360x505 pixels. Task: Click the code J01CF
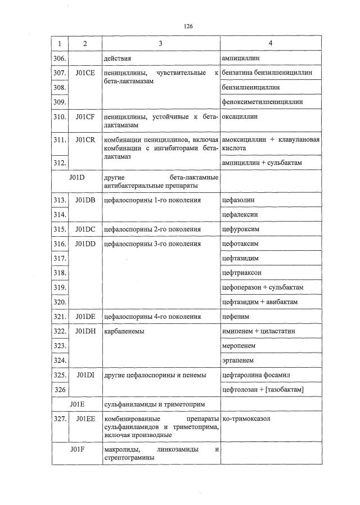(x=85, y=117)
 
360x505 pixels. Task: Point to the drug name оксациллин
(x=240, y=117)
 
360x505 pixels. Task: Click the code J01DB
(x=85, y=200)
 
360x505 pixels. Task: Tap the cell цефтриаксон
(x=242, y=273)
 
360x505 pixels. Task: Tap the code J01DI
(x=85, y=375)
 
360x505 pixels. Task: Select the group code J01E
(x=77, y=404)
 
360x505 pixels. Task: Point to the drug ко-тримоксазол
(x=247, y=420)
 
